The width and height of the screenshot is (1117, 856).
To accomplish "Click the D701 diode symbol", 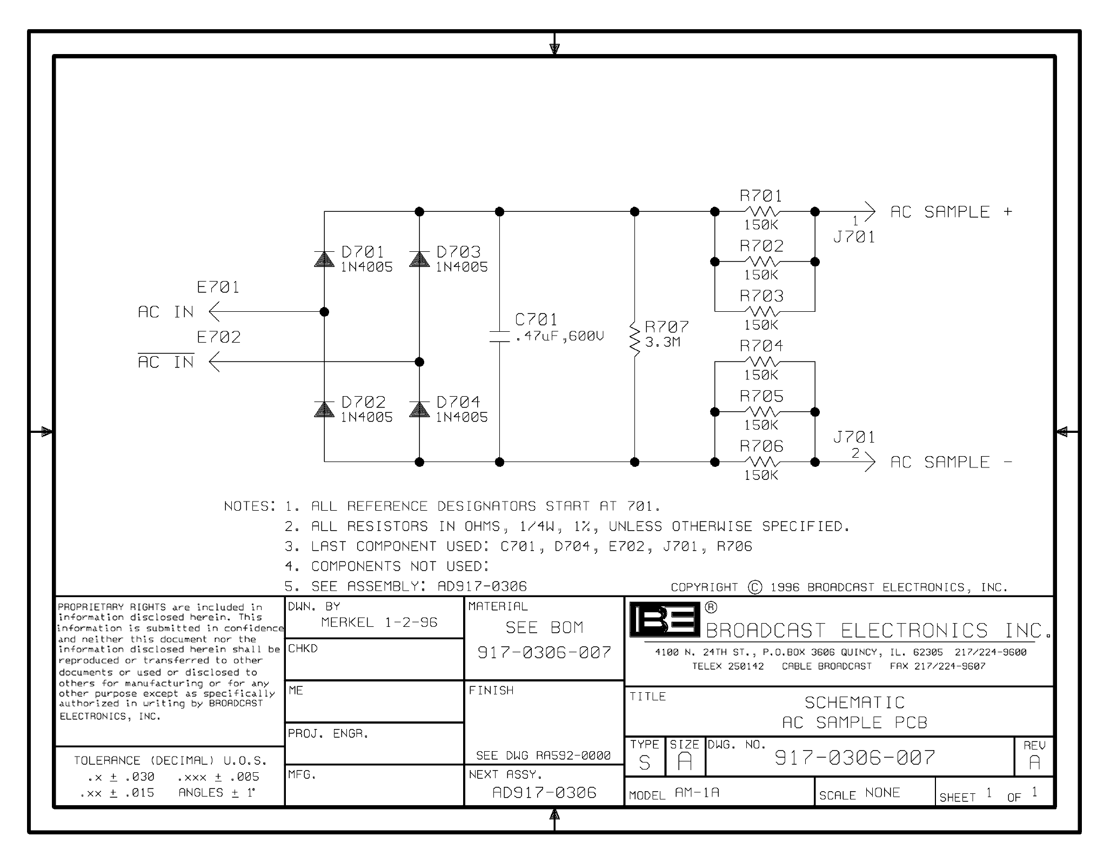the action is pos(324,259).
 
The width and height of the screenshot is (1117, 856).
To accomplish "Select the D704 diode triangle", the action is pos(419,410).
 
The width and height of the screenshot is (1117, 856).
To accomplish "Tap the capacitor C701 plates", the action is pos(499,336).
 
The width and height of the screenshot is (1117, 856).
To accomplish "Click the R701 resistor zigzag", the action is pos(762,211).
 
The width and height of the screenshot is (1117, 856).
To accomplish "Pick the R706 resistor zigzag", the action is pos(762,462).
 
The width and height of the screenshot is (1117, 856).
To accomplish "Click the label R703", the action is pos(761,296).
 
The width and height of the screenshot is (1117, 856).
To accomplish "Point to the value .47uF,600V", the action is pos(559,336).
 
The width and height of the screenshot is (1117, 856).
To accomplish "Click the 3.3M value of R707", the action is pos(663,342).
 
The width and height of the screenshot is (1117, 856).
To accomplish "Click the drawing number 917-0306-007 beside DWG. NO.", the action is pos(855,758).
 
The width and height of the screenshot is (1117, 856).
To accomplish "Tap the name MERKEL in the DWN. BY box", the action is pos(347,623).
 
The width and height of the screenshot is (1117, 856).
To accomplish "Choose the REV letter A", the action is pos(1034,762).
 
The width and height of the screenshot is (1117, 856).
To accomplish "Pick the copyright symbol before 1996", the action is pos(755,587).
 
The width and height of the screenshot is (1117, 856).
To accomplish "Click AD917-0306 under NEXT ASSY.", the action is pos(544,793).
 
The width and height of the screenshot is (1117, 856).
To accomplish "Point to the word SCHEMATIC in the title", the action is pos(854,703).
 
